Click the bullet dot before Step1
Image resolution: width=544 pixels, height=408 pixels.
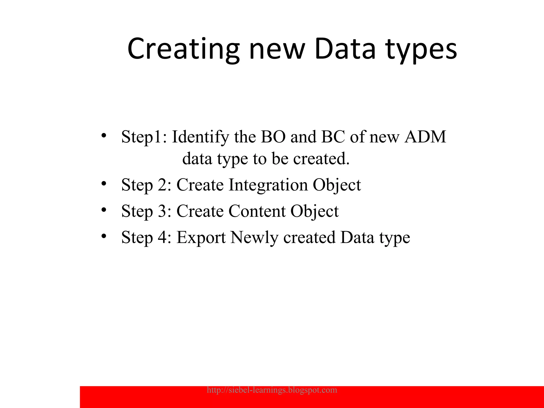104,135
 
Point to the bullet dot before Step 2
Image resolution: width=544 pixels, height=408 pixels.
104,183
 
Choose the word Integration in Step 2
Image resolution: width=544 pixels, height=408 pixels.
268,185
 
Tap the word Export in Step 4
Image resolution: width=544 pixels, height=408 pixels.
201,237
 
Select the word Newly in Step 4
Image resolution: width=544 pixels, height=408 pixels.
254,237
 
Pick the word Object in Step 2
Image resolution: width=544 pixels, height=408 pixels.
337,185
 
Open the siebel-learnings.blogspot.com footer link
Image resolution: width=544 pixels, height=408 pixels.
272,390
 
